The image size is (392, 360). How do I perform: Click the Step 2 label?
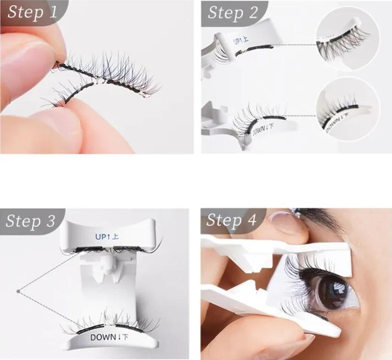point(232,12)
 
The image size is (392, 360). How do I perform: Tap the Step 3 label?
point(31,221)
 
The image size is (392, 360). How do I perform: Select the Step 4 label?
point(231,220)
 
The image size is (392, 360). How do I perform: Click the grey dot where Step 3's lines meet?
point(18,290)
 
